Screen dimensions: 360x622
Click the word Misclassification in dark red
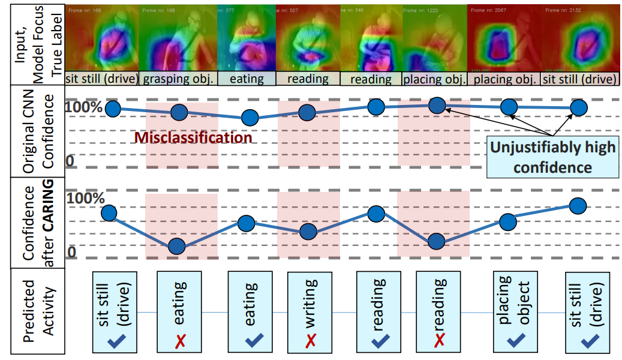[193, 137]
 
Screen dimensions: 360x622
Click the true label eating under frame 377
[247, 79]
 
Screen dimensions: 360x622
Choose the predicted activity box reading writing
[310, 311]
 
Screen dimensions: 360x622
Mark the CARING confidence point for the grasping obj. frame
[176, 247]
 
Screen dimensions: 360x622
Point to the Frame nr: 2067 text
[488, 11]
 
